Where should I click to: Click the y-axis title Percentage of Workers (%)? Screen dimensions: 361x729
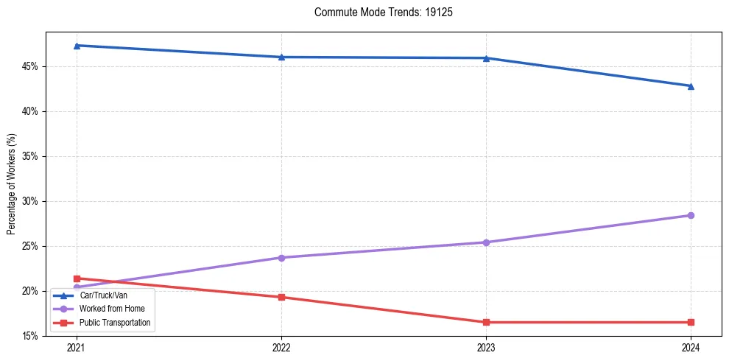coord(11,184)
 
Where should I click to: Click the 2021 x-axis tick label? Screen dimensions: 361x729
coord(77,347)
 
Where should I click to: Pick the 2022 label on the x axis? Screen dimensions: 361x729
coord(281,347)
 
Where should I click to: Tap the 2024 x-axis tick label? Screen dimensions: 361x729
coord(691,347)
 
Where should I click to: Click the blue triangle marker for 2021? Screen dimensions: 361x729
coord(77,46)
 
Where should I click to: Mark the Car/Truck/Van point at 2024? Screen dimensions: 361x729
coord(691,86)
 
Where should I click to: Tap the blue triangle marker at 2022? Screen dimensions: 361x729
coord(281,57)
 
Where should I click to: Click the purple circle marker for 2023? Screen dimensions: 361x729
coord(486,242)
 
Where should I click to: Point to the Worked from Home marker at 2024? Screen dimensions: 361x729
coord(691,215)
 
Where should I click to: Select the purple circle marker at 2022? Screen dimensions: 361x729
coord(281,258)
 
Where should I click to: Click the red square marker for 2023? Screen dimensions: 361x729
coord(486,322)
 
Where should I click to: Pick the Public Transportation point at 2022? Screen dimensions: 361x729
coord(281,297)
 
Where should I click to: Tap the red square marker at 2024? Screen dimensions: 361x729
coord(691,322)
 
